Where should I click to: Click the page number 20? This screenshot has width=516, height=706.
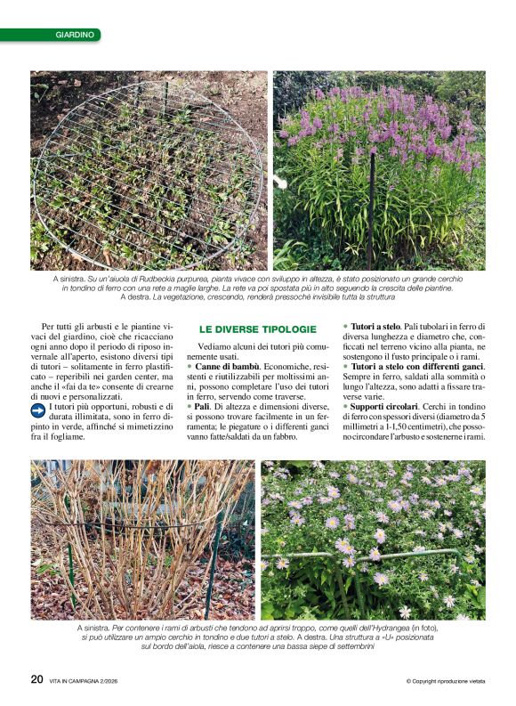pos(36,678)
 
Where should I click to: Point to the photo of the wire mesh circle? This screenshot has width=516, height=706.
pos(149,170)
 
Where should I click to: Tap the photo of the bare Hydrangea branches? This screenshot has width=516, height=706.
pos(141,540)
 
